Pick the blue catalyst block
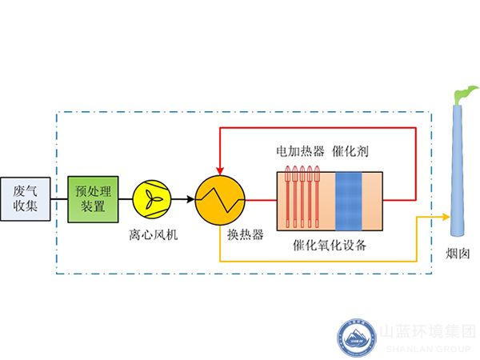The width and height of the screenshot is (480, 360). pyautogui.click(x=349, y=198)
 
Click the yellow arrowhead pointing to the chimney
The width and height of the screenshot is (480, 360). pyautogui.click(x=444, y=215)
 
